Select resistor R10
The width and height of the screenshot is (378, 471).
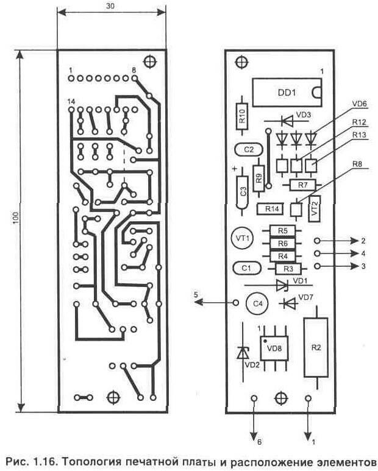tap(242, 116)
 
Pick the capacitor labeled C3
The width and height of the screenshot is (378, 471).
tap(243, 191)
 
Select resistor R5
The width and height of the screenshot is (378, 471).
tap(282, 231)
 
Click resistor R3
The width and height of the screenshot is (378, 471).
tap(288, 268)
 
